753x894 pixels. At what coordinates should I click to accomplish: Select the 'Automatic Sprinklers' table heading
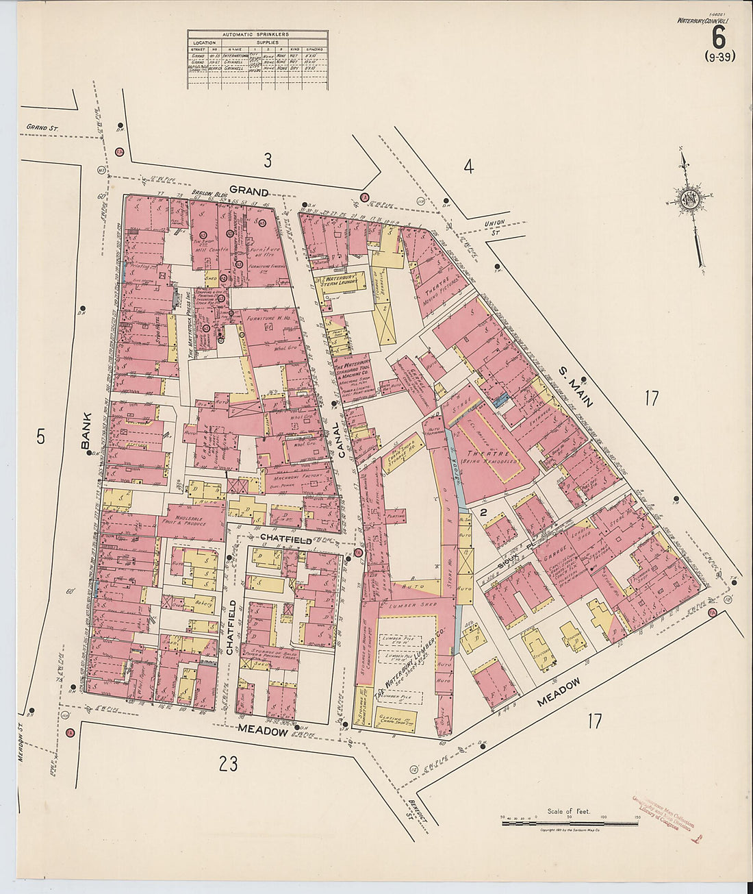[257, 34]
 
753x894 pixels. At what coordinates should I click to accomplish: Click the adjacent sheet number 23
[228, 764]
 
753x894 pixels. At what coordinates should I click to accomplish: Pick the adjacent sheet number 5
[40, 436]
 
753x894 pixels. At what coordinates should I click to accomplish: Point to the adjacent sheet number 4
[468, 166]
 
